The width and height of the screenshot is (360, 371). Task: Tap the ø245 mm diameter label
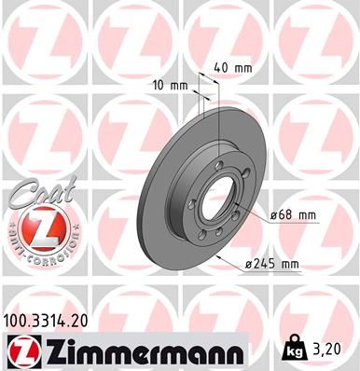pyautogui.click(x=271, y=265)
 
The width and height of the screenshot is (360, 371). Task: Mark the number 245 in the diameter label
pyautogui.click(x=265, y=265)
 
